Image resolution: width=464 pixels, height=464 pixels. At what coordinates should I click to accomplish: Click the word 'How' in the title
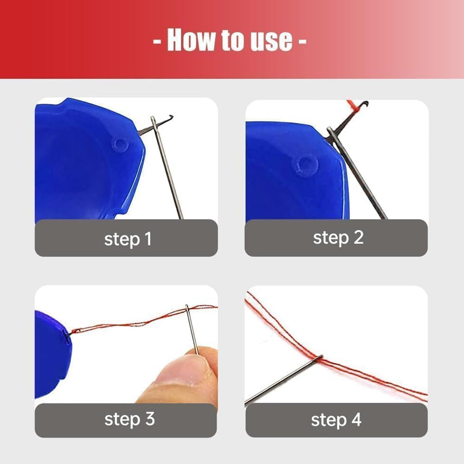[x=192, y=40]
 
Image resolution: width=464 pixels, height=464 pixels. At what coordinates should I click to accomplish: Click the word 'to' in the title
[x=233, y=40]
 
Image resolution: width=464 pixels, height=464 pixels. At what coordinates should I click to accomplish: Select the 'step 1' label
[x=128, y=239]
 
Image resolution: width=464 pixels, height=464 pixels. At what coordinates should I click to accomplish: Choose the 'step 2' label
[x=338, y=238]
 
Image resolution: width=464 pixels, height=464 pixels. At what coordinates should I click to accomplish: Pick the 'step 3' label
[x=129, y=419]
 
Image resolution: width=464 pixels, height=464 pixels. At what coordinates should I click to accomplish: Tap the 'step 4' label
[x=336, y=419]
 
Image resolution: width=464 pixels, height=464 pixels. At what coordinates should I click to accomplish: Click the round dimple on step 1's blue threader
[x=120, y=145]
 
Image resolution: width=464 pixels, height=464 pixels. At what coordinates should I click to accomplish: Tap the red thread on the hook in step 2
[x=353, y=106]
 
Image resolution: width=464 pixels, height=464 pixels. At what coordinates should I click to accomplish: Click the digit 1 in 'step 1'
[x=148, y=238]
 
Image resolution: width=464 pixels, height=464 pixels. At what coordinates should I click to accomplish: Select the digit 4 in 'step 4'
[x=356, y=419]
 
